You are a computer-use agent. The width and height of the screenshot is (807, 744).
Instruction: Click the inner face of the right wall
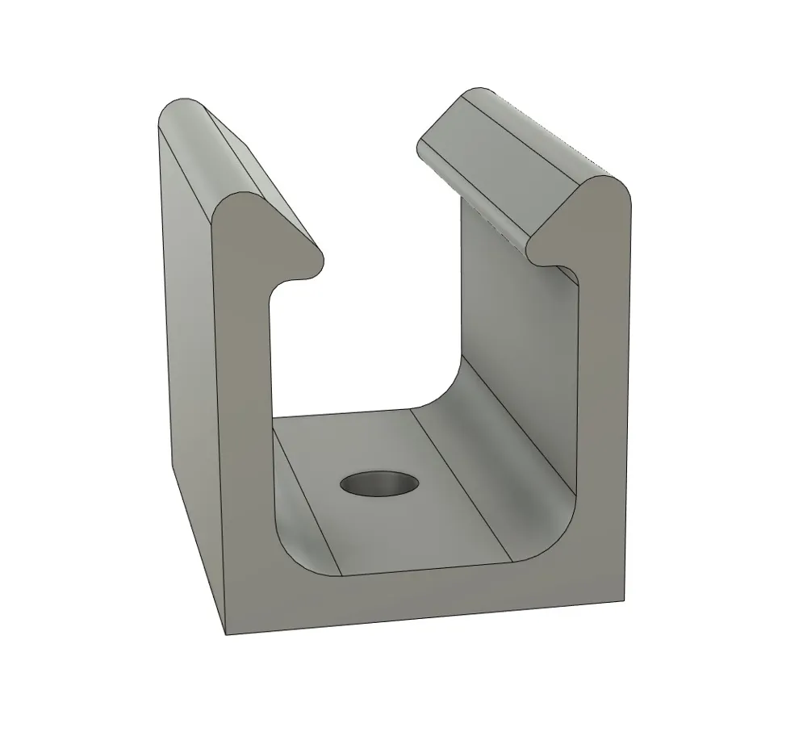(516, 323)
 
